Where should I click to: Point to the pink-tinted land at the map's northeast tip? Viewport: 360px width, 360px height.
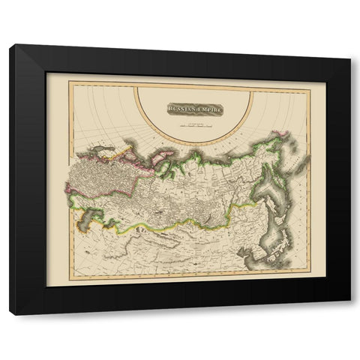(x=283, y=136)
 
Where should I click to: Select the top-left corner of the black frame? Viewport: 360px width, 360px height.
(x=10, y=46)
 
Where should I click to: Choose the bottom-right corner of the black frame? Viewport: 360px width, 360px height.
(x=350, y=301)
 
